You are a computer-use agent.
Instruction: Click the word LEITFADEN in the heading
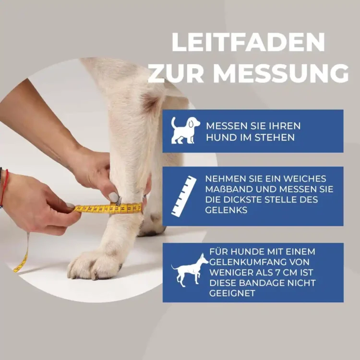pos(249,43)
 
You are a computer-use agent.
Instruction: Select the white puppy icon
pos(185,131)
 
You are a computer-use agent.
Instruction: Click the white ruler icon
pos(184,196)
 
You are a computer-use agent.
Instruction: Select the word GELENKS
pos(227,210)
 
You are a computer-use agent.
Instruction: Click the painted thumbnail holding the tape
pos(113,197)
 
